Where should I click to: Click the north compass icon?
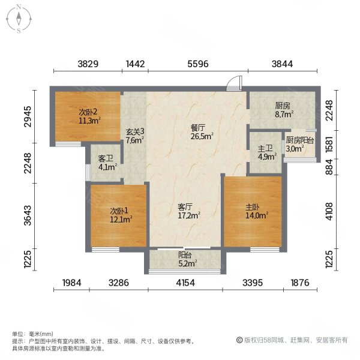pyautogui.click(x=19, y=19)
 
